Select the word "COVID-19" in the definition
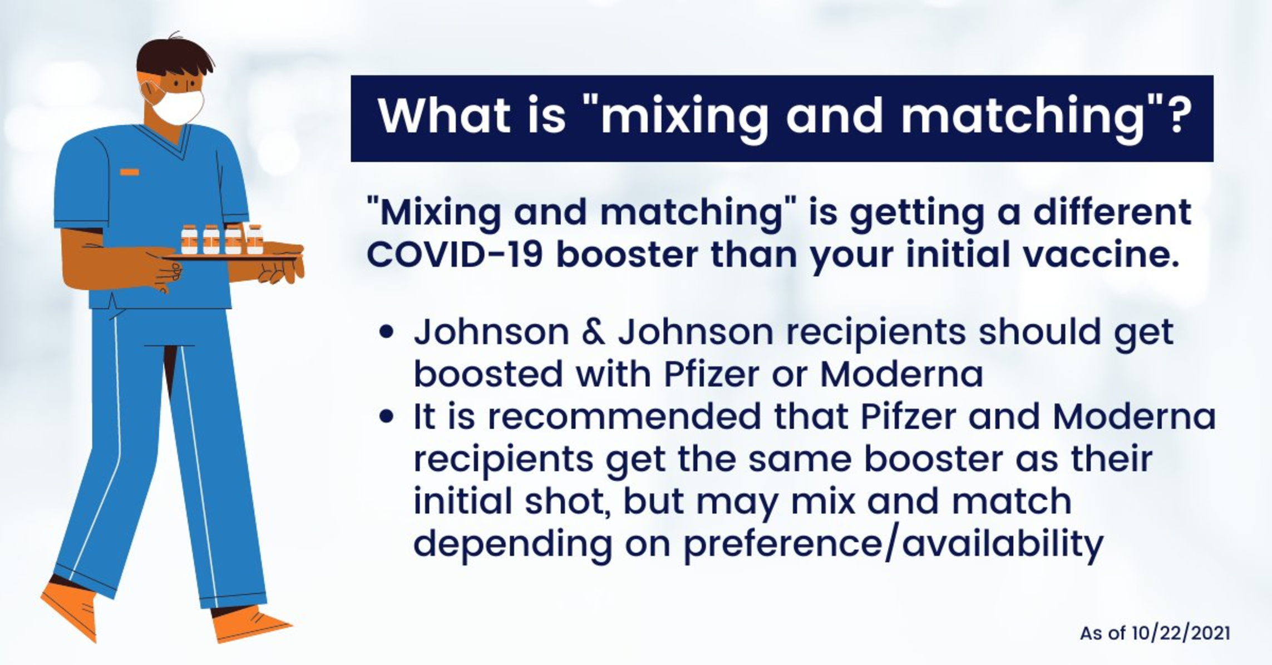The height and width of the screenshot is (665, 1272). pyautogui.click(x=455, y=255)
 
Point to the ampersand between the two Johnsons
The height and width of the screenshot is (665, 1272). pyautogui.click(x=594, y=332)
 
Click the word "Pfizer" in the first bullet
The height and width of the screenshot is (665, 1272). pyautogui.click(x=712, y=374)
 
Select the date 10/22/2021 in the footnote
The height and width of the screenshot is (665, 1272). pyautogui.click(x=1181, y=633)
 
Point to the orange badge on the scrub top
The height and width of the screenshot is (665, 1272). pyautogui.click(x=130, y=172)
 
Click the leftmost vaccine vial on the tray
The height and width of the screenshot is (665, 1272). pyautogui.click(x=189, y=240)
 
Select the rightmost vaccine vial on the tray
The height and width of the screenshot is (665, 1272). pyautogui.click(x=254, y=240)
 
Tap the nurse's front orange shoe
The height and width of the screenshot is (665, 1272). pyautogui.click(x=250, y=626)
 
